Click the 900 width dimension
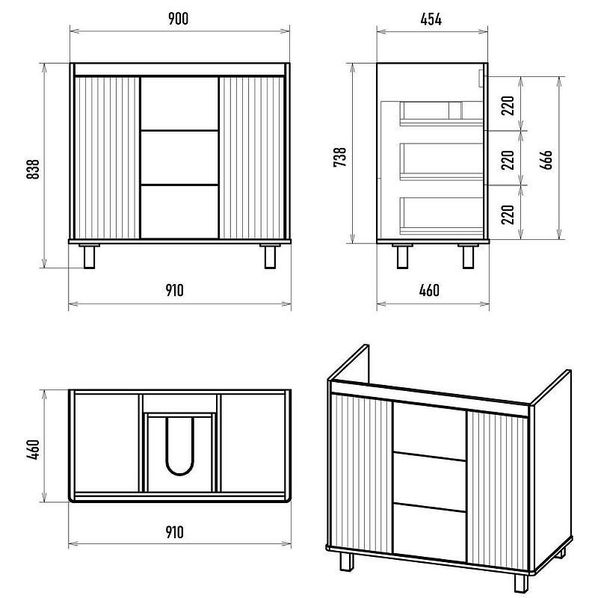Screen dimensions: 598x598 pyautogui.click(x=178, y=20)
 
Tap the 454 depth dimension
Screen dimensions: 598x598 pyautogui.click(x=431, y=20)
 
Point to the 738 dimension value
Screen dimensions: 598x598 pyautogui.click(x=340, y=159)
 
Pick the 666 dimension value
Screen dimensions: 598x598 pyautogui.click(x=546, y=159)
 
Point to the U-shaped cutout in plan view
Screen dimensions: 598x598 pyautogui.click(x=179, y=447)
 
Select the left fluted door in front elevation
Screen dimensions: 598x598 pyautogui.click(x=108, y=157)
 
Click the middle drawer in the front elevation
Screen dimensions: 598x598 pyautogui.click(x=179, y=157)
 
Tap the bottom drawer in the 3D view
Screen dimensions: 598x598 pyautogui.click(x=429, y=530)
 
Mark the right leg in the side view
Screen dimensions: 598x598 pyautogui.click(x=469, y=256)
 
